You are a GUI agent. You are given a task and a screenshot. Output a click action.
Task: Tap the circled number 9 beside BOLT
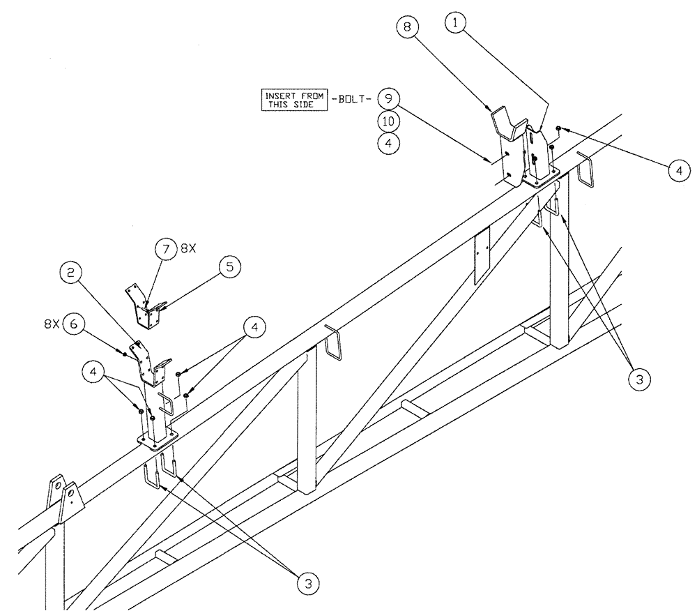click(388, 98)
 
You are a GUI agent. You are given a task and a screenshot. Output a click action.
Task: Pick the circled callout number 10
click(388, 121)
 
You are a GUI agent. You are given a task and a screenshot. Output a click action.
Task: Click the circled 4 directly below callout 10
click(388, 144)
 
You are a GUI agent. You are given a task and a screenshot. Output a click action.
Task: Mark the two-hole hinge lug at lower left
click(64, 497)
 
